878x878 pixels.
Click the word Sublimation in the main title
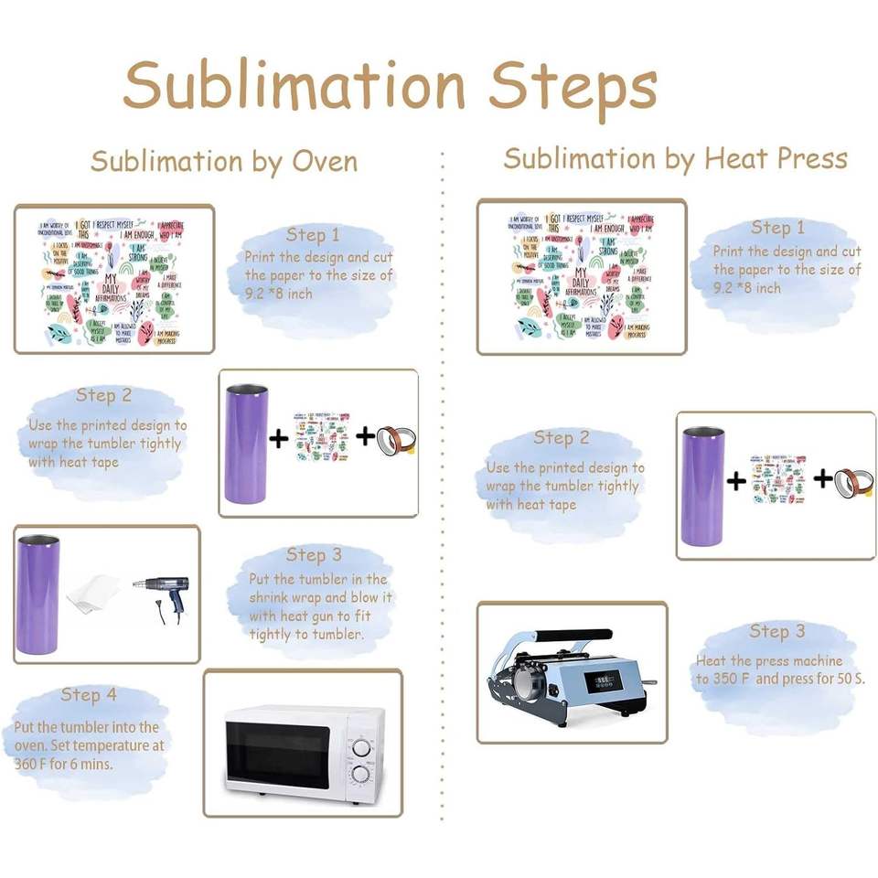click(x=294, y=87)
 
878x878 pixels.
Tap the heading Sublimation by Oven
click(x=224, y=162)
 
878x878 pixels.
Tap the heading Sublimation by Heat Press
click(x=675, y=158)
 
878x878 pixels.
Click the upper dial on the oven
click(x=362, y=745)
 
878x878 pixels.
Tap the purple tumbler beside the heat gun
click(x=38, y=594)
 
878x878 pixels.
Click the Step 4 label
click(x=89, y=695)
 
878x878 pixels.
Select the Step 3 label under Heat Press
click(x=777, y=631)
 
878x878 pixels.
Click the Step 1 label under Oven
click(x=313, y=235)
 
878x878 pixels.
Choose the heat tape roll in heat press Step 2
click(x=854, y=479)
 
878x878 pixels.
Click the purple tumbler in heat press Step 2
click(x=702, y=486)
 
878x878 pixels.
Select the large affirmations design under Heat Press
click(x=581, y=276)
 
